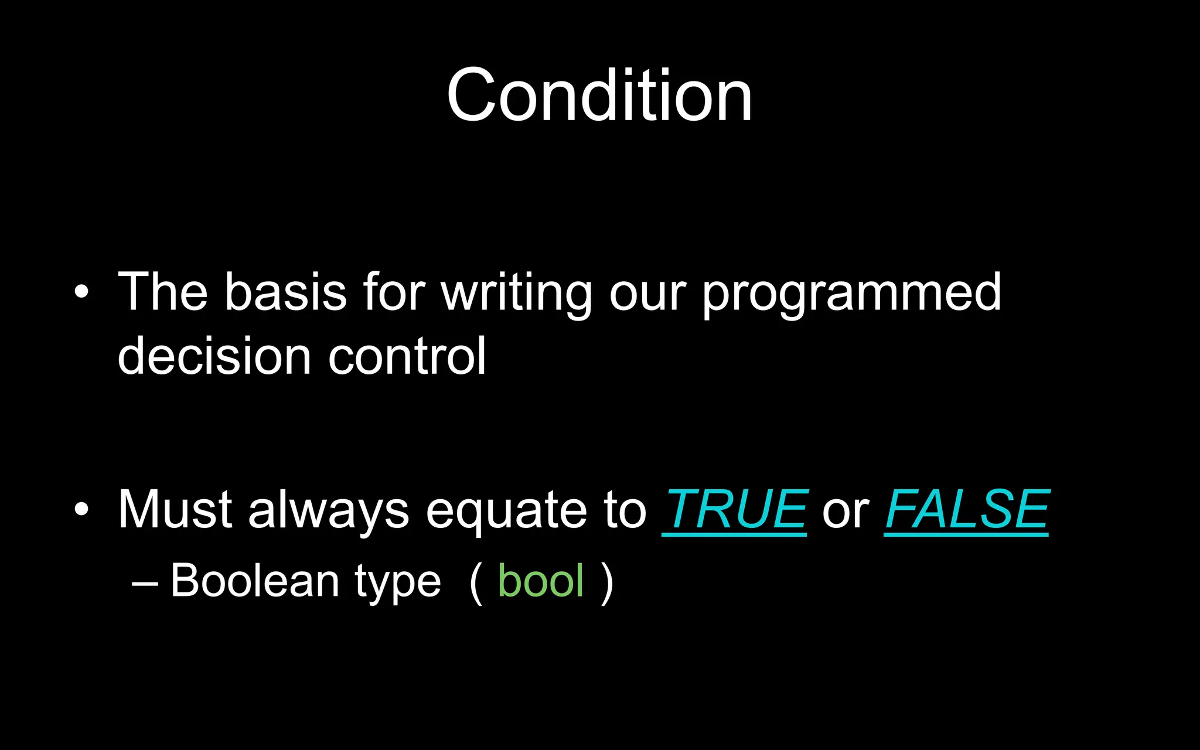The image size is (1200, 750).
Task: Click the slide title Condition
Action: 599,95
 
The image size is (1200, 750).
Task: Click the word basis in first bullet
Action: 286,292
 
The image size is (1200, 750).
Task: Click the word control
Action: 407,356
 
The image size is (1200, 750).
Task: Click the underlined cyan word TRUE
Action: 735,510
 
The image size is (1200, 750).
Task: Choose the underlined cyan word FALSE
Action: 967,510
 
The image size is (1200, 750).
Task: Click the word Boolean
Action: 255,581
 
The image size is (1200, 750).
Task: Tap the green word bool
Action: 540,581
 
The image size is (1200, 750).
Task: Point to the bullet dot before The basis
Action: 81,292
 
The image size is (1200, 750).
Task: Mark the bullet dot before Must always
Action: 81,509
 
